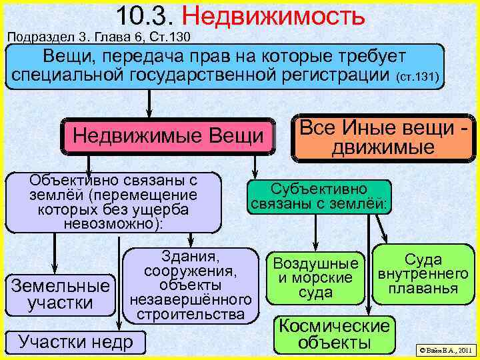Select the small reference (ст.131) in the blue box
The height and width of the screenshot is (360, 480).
[417, 78]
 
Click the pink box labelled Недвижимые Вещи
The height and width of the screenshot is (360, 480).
[168, 136]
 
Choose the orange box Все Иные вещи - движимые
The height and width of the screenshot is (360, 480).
[383, 138]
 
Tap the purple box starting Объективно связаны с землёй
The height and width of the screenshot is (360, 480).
[113, 202]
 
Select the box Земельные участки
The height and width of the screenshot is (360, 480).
[60, 294]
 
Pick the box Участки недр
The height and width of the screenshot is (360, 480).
[75, 341]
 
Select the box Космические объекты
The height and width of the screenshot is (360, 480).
[333, 334]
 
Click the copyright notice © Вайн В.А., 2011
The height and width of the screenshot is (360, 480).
[444, 349]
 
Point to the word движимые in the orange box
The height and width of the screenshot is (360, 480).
[383, 147]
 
